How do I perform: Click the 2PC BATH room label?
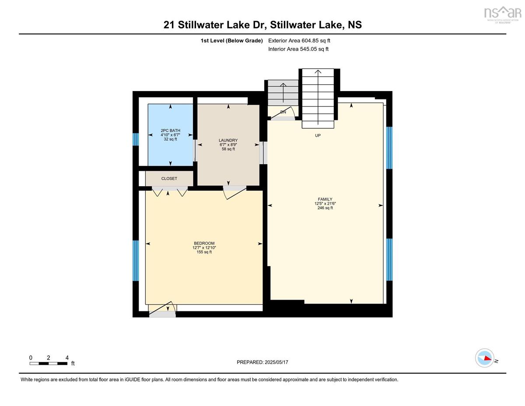(170, 131)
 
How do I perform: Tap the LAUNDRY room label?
(228, 140)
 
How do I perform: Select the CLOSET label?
(169, 178)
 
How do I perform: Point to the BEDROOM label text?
(204, 243)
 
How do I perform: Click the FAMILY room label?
(325, 199)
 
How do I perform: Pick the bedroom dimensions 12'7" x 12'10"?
(204, 247)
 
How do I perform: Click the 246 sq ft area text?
(325, 208)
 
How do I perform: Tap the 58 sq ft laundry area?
(228, 149)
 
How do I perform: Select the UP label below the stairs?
(318, 135)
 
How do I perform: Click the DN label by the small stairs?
(283, 112)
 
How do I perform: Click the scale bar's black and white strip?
(48, 364)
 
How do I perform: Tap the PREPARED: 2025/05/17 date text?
(262, 362)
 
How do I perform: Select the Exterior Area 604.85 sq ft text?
(299, 41)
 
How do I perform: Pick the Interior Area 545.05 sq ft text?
(298, 49)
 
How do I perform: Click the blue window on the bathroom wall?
(136, 139)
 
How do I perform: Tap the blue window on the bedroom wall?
(136, 261)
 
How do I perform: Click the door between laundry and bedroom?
(234, 192)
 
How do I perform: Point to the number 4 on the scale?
(67, 358)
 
